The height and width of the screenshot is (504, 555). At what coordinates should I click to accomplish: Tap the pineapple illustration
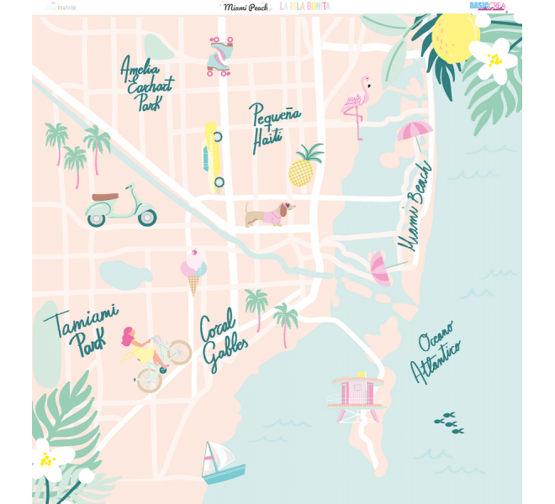[x=304, y=166]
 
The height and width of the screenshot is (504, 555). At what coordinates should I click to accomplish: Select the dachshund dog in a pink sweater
[x=268, y=214]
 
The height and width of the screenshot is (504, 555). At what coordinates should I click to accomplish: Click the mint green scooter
[x=122, y=207]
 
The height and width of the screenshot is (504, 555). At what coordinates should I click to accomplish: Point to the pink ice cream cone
[x=193, y=270]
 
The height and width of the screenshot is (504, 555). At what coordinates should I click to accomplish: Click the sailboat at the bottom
[x=220, y=463]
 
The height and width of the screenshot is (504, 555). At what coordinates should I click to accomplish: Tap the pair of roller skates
[x=219, y=56]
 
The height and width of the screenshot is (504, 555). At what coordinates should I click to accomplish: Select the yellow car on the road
[x=213, y=157]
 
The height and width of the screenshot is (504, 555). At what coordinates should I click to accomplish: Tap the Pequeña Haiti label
[x=272, y=127]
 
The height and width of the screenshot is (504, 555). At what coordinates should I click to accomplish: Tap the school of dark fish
[x=448, y=423]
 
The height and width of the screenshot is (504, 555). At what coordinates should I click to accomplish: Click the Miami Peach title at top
[x=245, y=6]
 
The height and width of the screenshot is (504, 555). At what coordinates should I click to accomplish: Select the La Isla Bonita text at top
[x=304, y=6]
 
